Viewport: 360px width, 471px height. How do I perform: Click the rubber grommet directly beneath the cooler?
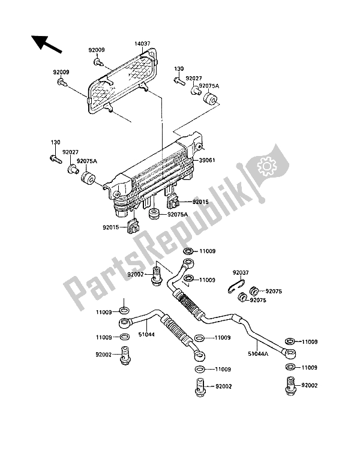tap(154, 214)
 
